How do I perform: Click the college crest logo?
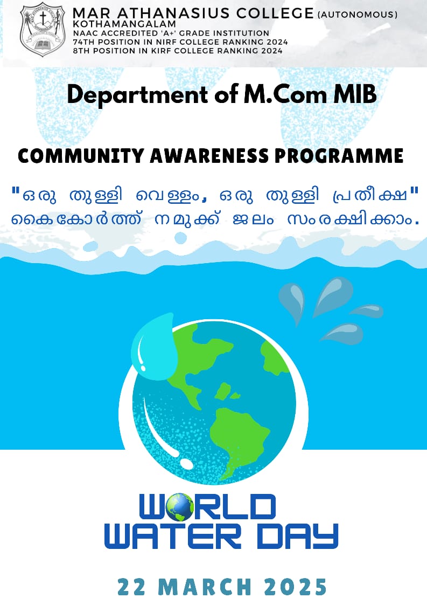pyautogui.click(x=43, y=30)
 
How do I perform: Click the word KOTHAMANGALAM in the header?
pyautogui.click(x=124, y=24)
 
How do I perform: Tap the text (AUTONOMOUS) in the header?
pyautogui.click(x=357, y=15)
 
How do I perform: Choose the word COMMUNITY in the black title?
pyautogui.click(x=81, y=156)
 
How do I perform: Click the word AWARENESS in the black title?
pyautogui.click(x=209, y=156)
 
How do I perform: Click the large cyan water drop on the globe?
pyautogui.click(x=154, y=347)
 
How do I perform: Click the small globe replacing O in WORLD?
pyautogui.click(x=180, y=507)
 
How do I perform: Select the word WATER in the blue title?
pyautogui.click(x=173, y=536)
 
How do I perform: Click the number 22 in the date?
pyautogui.click(x=131, y=587)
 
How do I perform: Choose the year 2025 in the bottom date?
pyautogui.click(x=296, y=587)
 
